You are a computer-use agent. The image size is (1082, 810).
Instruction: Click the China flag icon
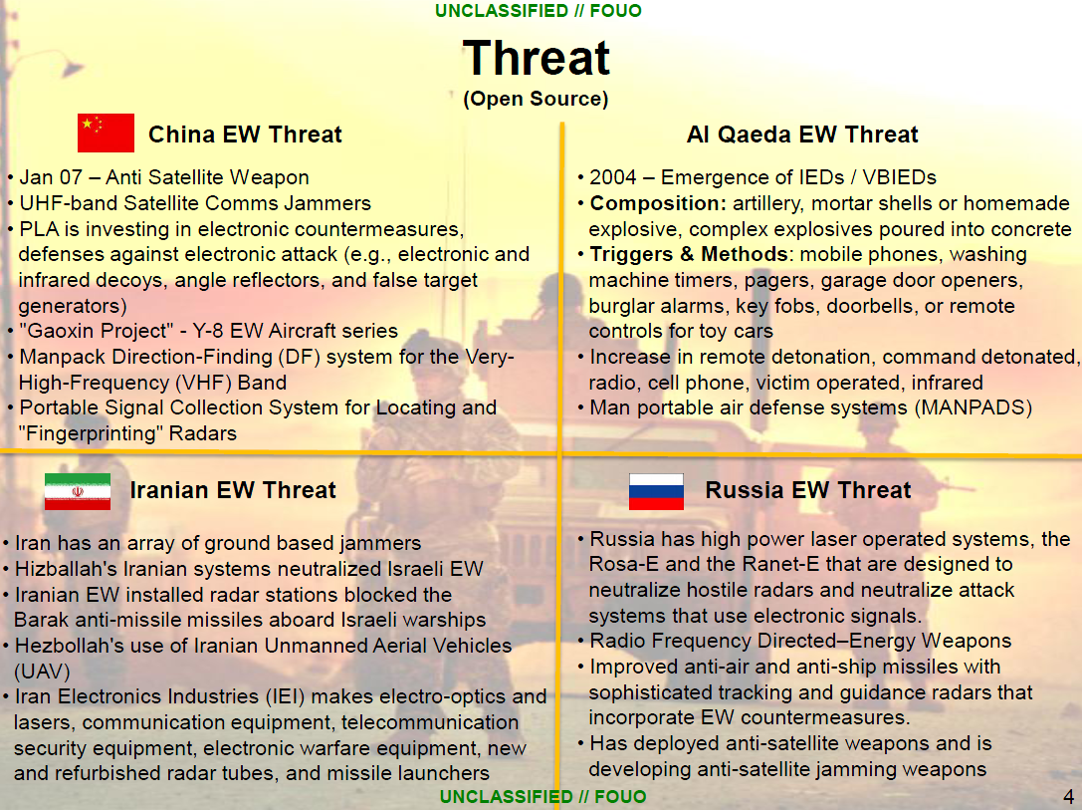[x=106, y=134]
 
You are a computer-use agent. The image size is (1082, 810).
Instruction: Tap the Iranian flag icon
[x=77, y=491]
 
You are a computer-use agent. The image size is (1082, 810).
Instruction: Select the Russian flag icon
[x=656, y=491]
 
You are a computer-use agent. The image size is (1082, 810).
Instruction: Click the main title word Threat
[x=536, y=58]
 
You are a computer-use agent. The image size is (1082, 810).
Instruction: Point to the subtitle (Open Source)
[x=536, y=99]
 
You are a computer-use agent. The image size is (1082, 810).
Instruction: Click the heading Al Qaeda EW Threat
[x=802, y=135]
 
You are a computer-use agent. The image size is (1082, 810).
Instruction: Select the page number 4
[x=1068, y=797]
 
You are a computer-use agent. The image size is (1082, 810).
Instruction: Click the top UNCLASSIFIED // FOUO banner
[x=539, y=11]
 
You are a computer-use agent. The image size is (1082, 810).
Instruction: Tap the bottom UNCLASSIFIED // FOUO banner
[x=542, y=797]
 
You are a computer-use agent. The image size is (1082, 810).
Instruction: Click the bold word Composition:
[x=658, y=203]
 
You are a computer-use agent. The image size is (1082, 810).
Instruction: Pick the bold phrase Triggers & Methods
[x=688, y=254]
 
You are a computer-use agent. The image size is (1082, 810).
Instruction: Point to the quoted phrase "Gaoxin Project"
[x=90, y=331]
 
